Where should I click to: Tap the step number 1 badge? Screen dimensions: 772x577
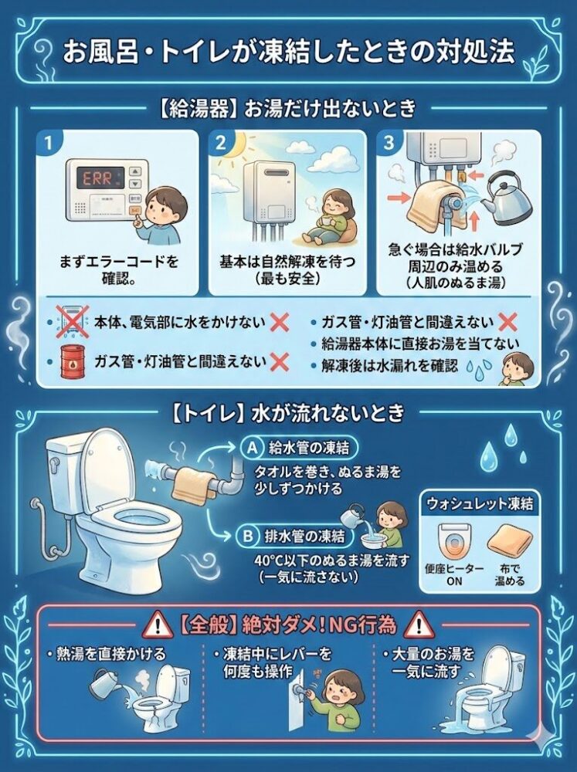pyautogui.click(x=49, y=143)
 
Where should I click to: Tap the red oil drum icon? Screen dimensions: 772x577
pyautogui.click(x=70, y=361)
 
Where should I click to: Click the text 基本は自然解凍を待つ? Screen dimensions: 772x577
pyautogui.click(x=287, y=262)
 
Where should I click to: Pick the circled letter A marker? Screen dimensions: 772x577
pyautogui.click(x=249, y=446)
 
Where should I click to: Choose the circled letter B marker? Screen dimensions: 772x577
pyautogui.click(x=249, y=534)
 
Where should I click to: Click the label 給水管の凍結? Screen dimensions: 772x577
pyautogui.click(x=307, y=446)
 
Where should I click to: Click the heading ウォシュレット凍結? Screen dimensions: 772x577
pyautogui.click(x=477, y=503)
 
